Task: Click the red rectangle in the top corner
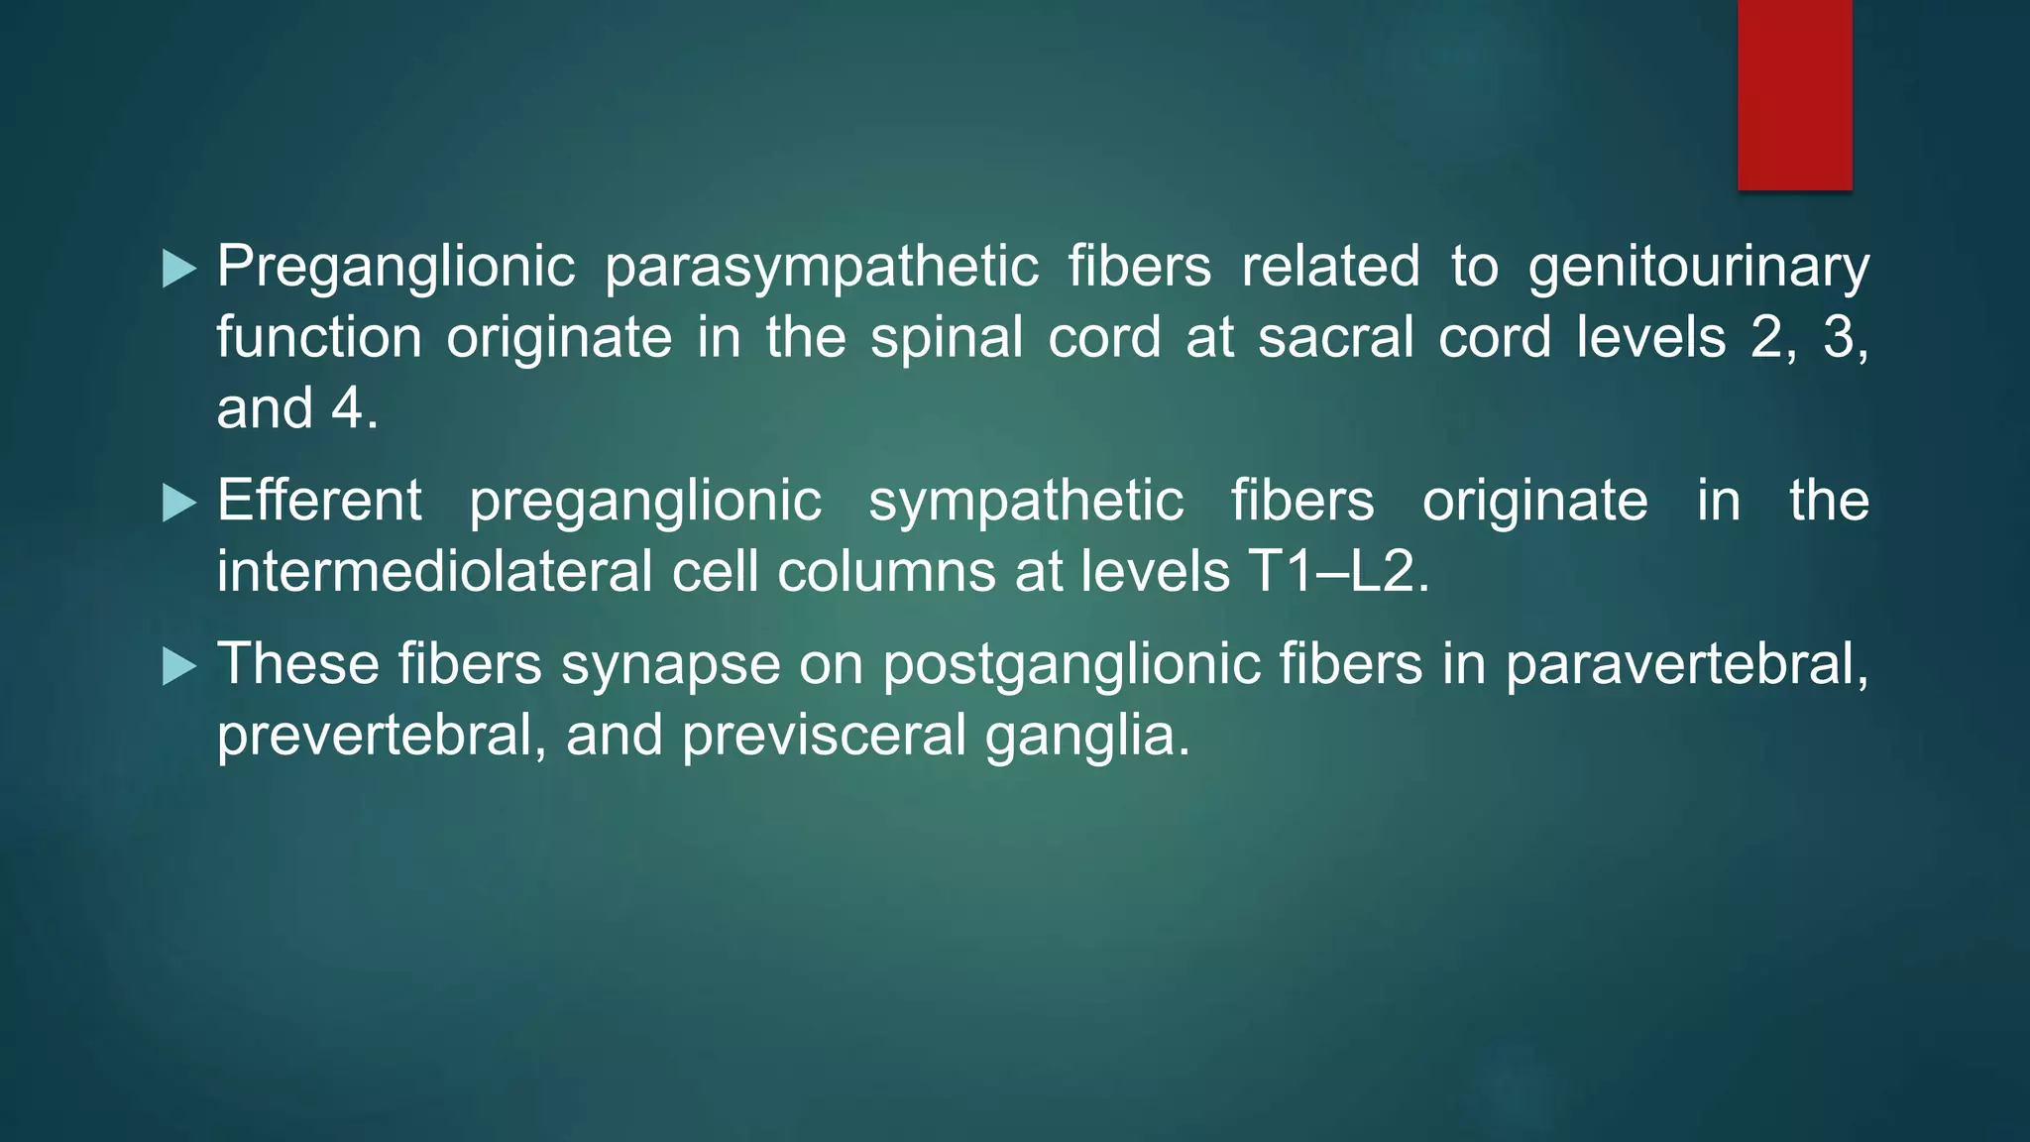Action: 1794,95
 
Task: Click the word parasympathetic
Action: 822,268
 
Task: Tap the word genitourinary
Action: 1698,268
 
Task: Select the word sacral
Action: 1336,338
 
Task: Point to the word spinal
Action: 947,338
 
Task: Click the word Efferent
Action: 319,501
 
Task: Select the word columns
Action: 885,572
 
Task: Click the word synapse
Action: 671,664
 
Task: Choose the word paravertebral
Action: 1686,664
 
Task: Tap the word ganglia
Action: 1086,736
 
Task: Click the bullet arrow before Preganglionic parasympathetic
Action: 178,269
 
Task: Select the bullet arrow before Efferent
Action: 178,503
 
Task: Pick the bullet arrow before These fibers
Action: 178,666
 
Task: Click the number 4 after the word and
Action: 347,408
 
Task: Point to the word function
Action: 319,338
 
